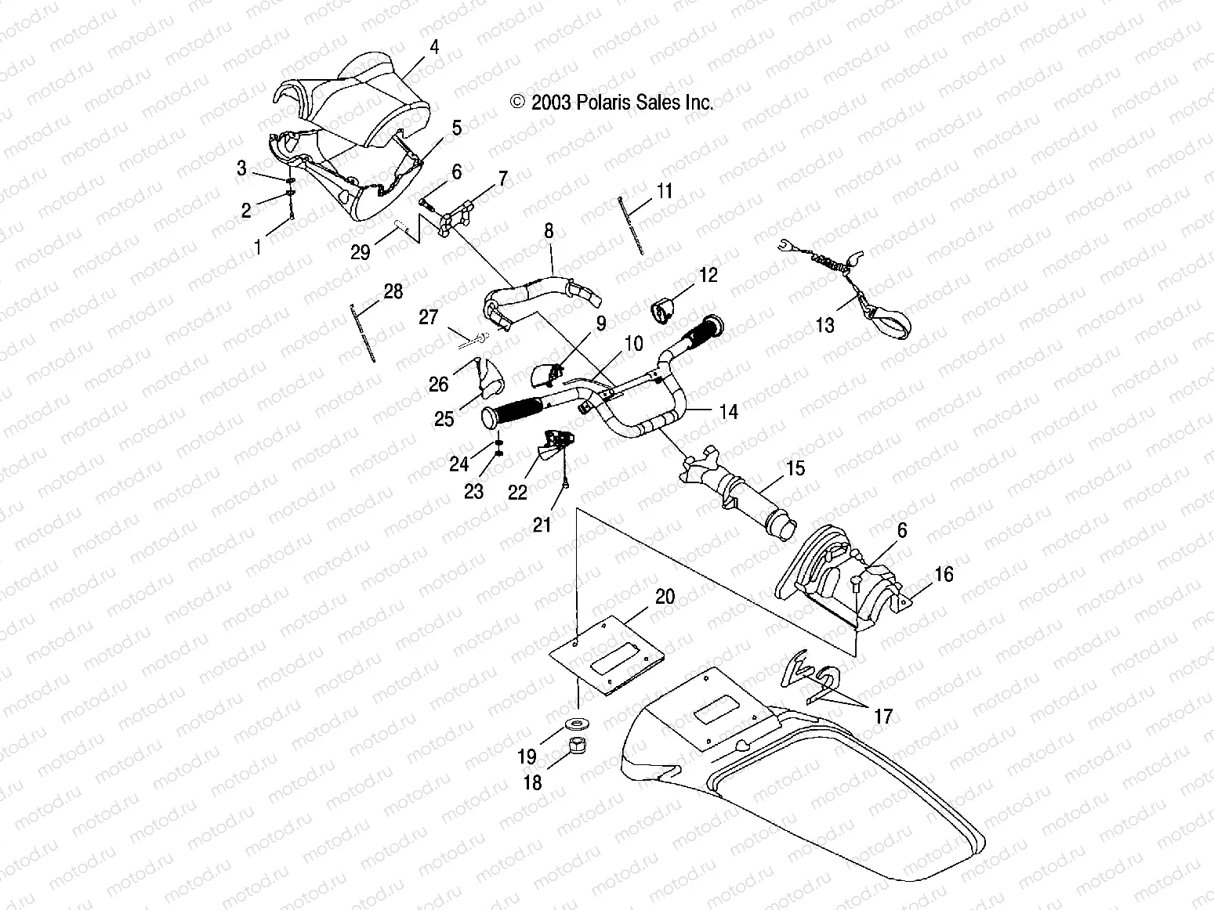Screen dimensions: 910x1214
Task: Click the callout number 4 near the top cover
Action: [x=433, y=47]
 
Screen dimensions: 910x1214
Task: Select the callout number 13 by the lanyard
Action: [x=825, y=324]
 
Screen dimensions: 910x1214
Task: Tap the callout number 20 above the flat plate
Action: [x=665, y=597]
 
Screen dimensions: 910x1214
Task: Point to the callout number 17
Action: [x=883, y=716]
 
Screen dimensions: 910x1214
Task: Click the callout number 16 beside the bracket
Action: [x=944, y=575]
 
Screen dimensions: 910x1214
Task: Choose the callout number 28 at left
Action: [x=393, y=292]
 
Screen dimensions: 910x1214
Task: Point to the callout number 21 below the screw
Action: [x=542, y=525]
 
